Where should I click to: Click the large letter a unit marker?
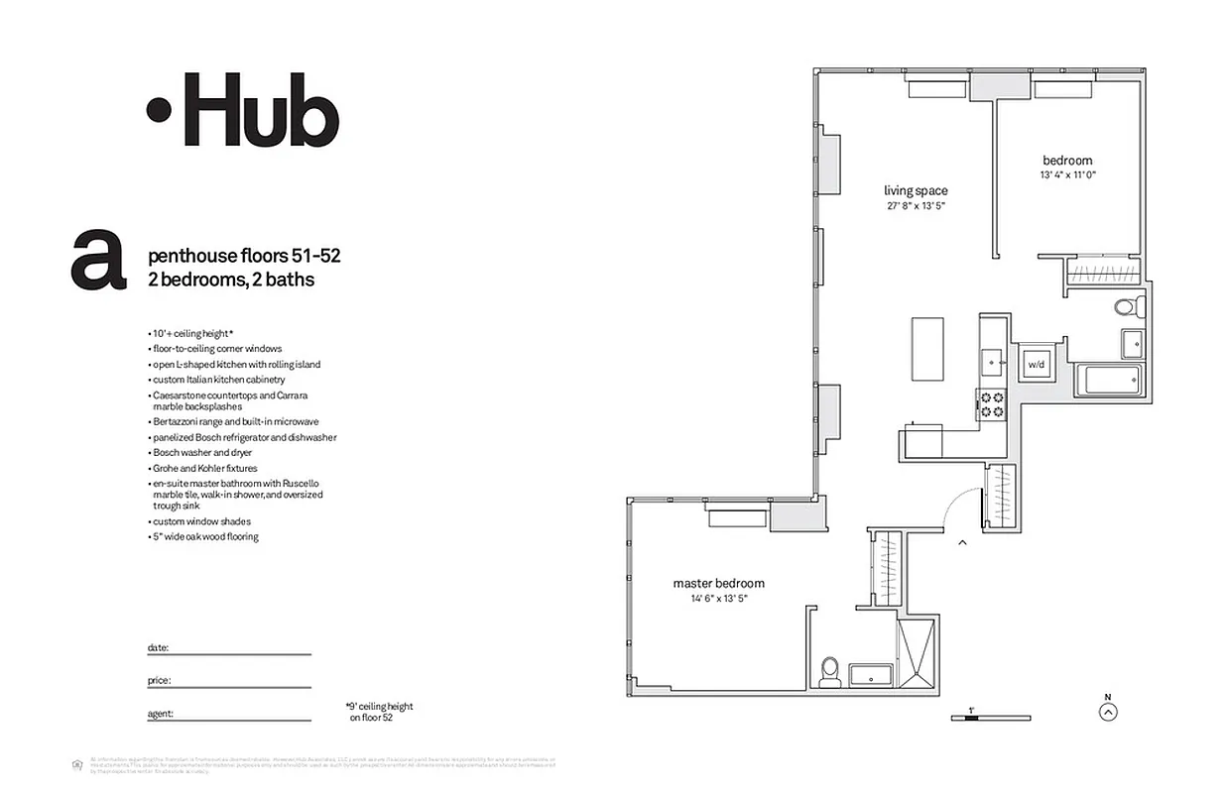click(x=98, y=261)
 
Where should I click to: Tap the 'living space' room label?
click(x=916, y=191)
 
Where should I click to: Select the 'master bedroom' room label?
click(x=718, y=584)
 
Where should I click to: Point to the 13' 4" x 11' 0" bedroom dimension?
click(x=1067, y=175)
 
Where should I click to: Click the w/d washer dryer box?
click(x=1036, y=364)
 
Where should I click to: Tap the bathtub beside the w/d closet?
click(x=1108, y=380)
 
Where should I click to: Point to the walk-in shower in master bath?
click(x=914, y=649)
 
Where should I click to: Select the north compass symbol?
click(x=1109, y=710)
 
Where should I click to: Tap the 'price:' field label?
click(x=160, y=681)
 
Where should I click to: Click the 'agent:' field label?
click(x=161, y=713)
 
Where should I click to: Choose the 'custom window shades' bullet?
click(x=201, y=521)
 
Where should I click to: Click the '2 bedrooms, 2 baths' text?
click(x=231, y=280)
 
